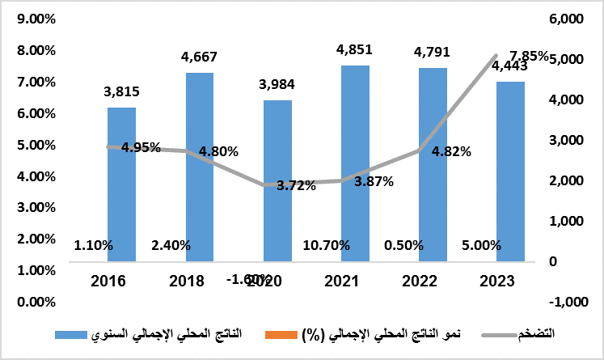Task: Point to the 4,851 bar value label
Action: [x=354, y=52]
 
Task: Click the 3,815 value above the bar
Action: [x=120, y=93]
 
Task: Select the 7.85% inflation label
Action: [x=530, y=56]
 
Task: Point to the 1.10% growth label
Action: [x=93, y=245]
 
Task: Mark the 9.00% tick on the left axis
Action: [x=31, y=19]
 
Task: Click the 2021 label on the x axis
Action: [x=354, y=282]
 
